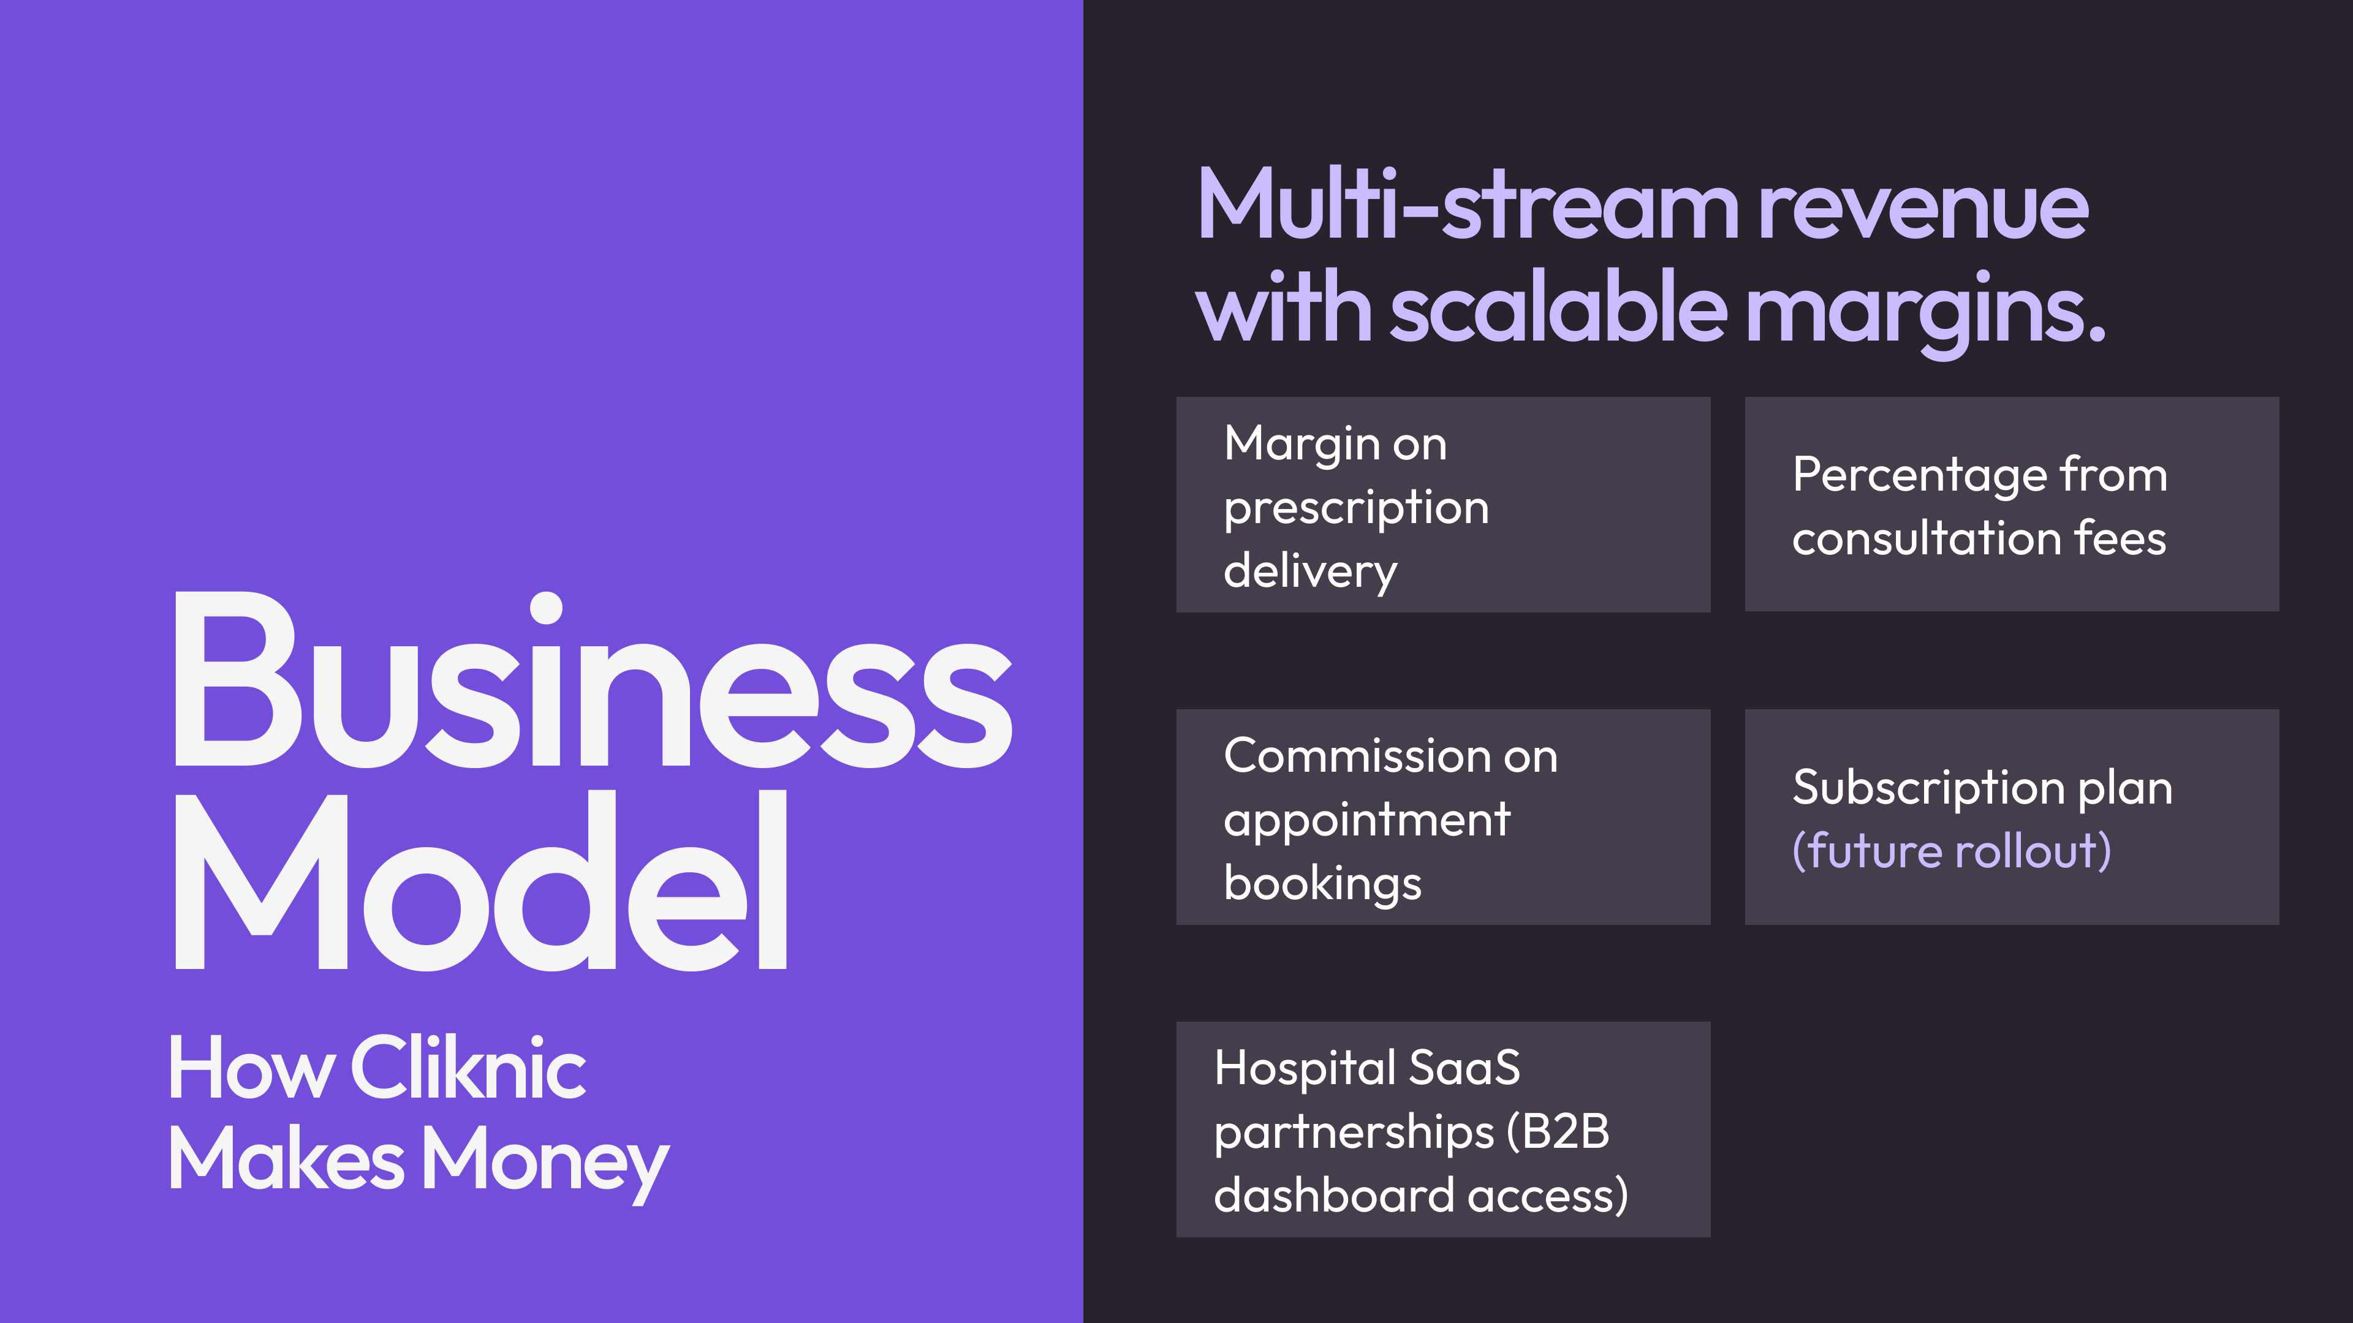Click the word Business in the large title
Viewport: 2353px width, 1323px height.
[x=593, y=680]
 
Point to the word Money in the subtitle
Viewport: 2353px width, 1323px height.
[x=545, y=1161]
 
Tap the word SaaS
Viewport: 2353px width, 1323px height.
[x=1465, y=1068]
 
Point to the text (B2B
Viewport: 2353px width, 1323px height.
[x=1558, y=1132]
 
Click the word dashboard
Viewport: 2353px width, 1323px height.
[x=1335, y=1195]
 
